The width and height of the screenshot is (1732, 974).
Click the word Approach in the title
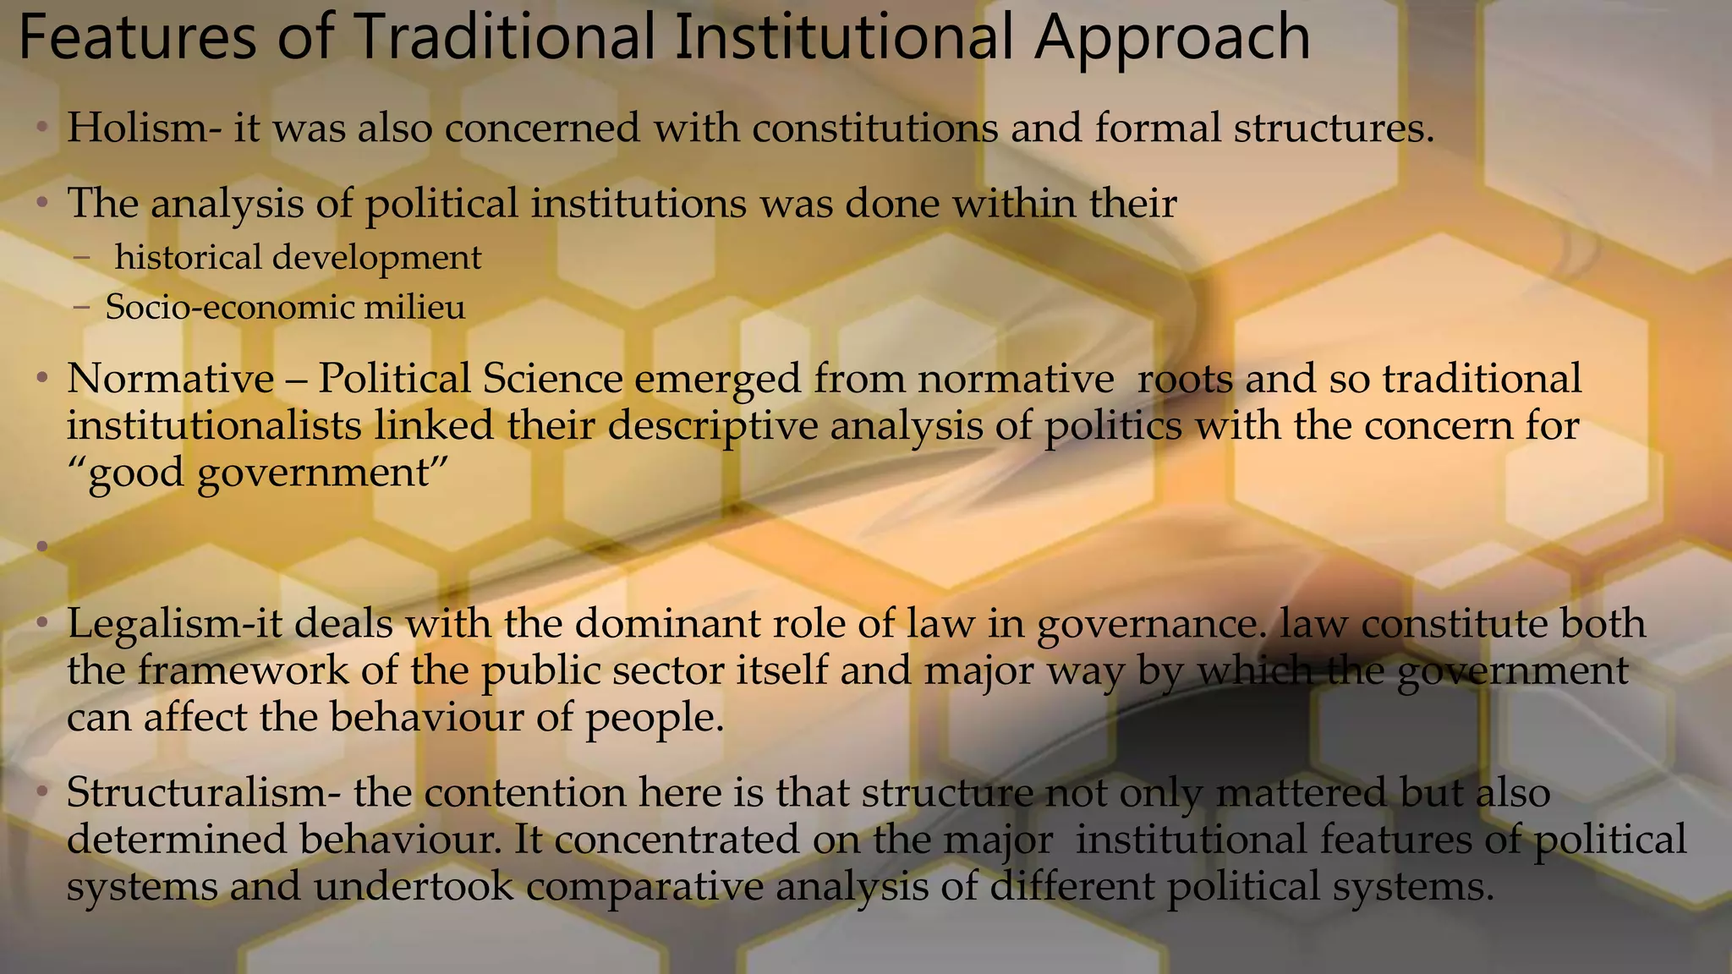1171,39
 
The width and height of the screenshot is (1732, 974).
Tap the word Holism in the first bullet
136,129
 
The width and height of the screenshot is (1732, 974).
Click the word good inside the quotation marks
135,472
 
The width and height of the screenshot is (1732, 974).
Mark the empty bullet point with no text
42,547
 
